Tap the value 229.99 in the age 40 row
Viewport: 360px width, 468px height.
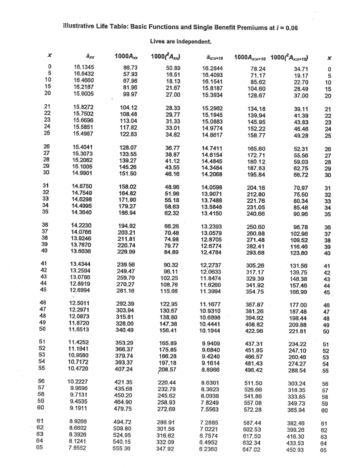pyautogui.click(x=128, y=252)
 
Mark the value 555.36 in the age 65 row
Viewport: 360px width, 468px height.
pyautogui.click(x=128, y=449)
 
